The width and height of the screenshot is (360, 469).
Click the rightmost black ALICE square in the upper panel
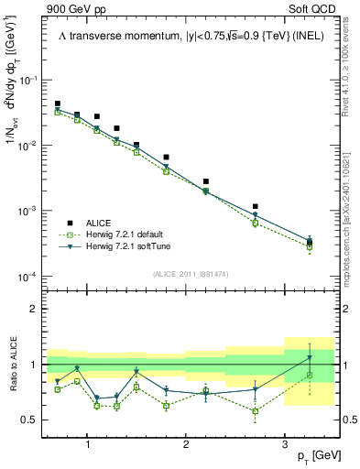(310, 243)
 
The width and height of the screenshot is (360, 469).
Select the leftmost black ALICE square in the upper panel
(58, 104)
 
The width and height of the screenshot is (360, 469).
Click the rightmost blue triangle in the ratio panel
(310, 357)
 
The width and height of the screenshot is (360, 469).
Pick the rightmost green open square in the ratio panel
(310, 375)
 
